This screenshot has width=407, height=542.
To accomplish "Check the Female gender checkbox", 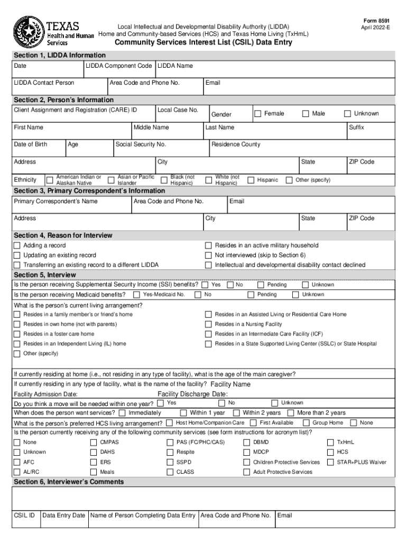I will pos(258,114).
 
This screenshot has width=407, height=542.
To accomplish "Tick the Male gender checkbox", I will pos(306,114).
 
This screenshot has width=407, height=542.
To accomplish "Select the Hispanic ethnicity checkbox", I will pos(251,180).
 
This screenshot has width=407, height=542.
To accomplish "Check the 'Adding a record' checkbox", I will pos(17,246).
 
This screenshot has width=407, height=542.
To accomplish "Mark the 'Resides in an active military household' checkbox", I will pos(208,246).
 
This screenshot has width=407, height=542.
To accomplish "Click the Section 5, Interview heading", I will pos(45,275).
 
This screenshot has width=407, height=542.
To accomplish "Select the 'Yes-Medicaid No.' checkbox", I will pos(136,294).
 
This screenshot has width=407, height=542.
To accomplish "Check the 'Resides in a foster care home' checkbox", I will pos(17,334).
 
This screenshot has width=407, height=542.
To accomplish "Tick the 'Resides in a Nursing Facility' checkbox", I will pos(208,324).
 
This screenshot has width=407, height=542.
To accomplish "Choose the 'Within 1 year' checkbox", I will pos(183,413).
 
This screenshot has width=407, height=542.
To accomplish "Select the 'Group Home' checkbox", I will pos(306,423).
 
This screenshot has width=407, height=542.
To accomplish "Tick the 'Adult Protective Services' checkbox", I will pos(246,472).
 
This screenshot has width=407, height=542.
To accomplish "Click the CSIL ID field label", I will pos(24,515).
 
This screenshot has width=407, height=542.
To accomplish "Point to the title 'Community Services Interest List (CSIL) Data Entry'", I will pos(203,43).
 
